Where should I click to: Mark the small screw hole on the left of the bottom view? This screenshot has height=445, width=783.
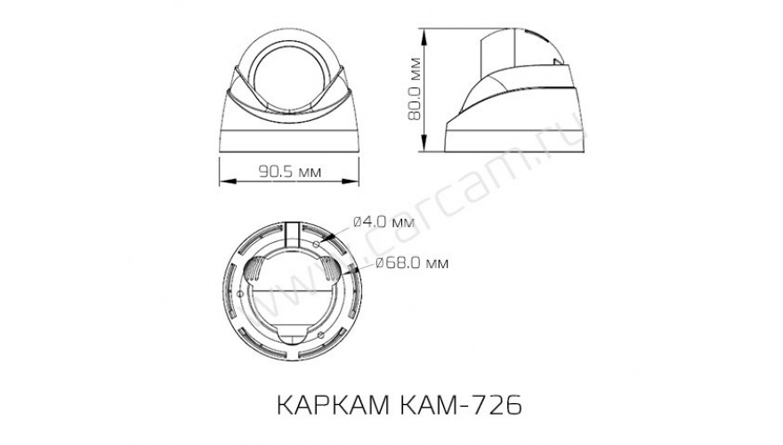240,295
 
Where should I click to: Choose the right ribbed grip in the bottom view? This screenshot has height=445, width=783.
331,269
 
